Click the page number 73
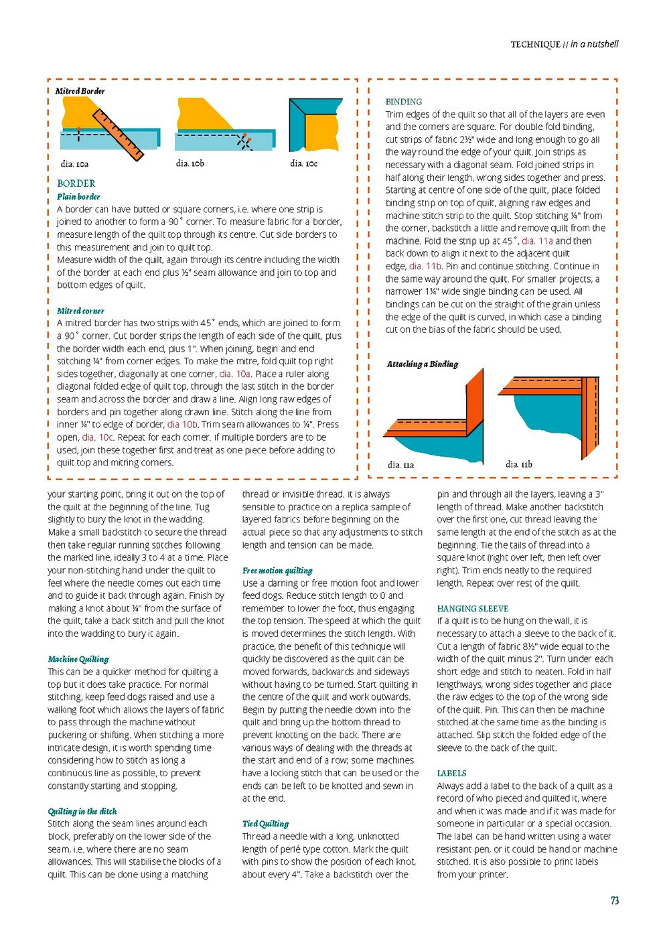tap(614, 901)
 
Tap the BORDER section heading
tap(76, 183)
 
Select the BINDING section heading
tap(403, 102)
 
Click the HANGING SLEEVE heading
tap(472, 609)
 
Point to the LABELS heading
tap(451, 773)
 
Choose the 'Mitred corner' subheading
tap(80, 311)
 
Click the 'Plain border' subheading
tap(78, 196)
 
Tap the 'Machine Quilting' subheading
tap(78, 659)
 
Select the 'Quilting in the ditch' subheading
tap(82, 811)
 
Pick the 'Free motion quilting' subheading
tap(277, 571)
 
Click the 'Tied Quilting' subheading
tap(265, 824)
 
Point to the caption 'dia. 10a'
tap(74, 163)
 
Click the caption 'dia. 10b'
tap(190, 163)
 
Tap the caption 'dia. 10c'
tap(303, 163)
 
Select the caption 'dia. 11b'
tap(519, 464)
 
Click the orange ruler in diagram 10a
tap(118, 135)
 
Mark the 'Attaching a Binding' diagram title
tap(422, 364)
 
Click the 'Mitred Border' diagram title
tap(80, 91)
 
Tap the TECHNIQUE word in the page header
tap(535, 45)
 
